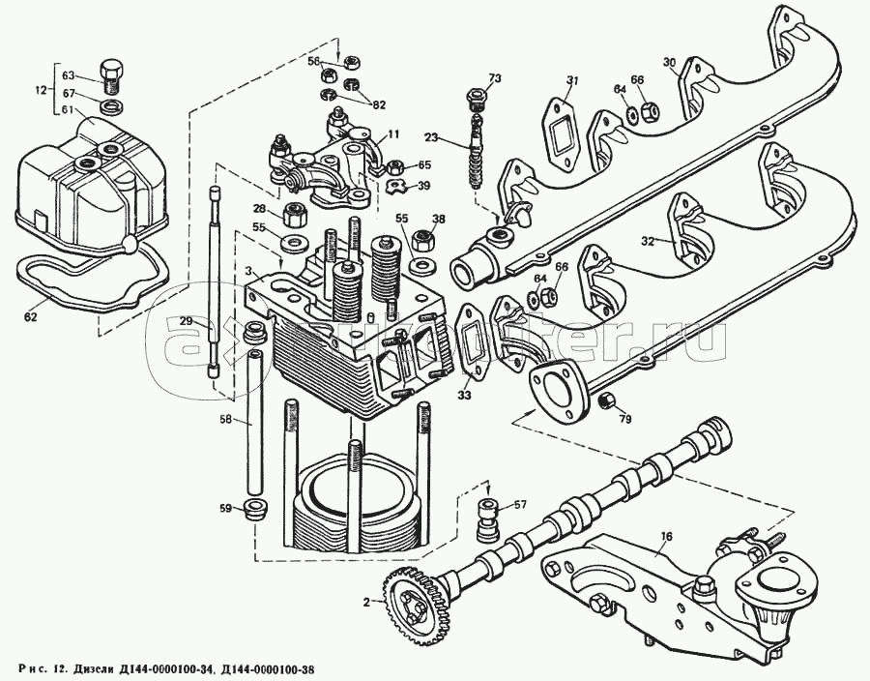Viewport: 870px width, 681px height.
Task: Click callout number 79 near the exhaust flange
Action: point(626,419)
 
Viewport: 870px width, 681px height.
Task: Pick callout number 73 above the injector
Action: point(495,78)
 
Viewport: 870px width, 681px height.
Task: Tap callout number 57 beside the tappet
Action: point(520,505)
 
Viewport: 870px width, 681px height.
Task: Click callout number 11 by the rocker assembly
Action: point(393,133)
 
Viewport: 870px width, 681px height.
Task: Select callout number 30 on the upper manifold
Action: point(669,63)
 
